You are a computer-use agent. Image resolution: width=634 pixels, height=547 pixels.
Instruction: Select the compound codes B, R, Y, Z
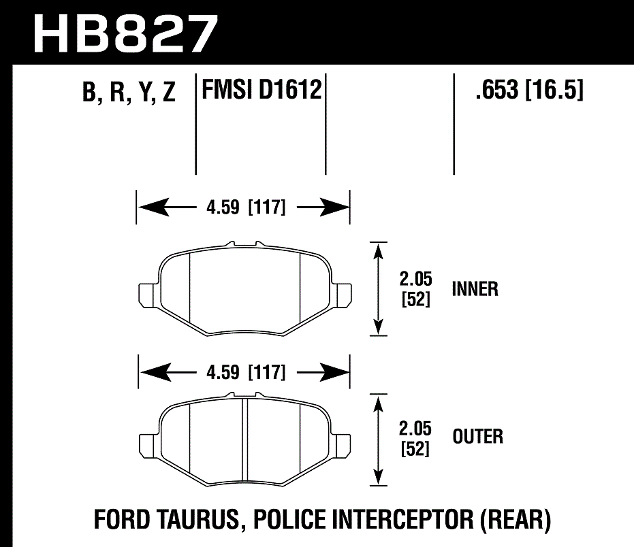129,93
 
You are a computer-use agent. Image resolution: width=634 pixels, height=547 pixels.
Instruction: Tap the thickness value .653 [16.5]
529,90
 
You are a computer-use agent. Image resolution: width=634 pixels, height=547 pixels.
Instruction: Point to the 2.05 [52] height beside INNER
414,288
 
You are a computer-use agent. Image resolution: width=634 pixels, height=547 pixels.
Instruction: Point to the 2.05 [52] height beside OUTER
414,439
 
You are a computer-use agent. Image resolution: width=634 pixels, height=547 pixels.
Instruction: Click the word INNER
475,288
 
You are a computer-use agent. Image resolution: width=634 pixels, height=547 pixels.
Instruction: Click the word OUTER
477,436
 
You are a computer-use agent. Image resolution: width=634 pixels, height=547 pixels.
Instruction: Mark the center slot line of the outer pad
244,438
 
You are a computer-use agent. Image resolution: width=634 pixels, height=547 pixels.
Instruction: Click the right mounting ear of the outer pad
341,445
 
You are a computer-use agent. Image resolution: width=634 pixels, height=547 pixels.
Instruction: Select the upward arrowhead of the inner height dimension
378,252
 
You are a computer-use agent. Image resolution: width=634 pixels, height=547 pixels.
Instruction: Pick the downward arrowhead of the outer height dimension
378,477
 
